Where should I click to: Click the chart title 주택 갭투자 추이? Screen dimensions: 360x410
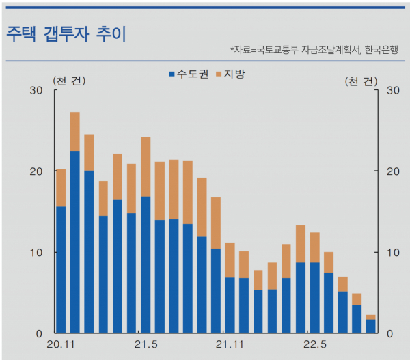point(66,33)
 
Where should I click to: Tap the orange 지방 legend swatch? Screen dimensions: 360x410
point(219,73)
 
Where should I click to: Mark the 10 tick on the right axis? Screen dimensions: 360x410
point(393,253)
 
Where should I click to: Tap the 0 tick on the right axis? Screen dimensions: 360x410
point(390,333)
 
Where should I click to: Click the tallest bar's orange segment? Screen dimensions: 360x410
point(75,131)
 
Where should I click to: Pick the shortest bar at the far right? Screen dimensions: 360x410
point(370,325)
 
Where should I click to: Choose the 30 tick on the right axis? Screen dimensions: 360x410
point(393,91)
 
